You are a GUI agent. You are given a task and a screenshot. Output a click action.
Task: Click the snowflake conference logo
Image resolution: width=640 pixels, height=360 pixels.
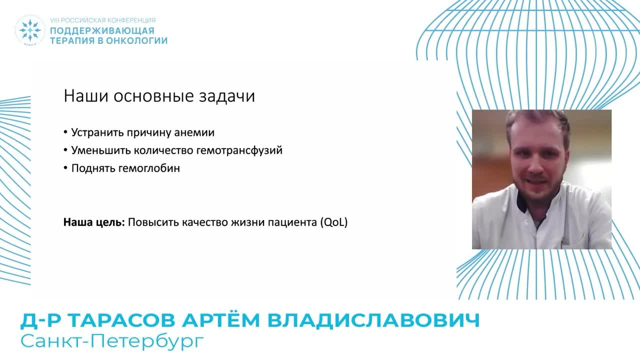pos(30,30)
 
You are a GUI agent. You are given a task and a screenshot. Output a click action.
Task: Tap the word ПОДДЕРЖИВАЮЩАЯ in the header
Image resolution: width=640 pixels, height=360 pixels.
pos(101,31)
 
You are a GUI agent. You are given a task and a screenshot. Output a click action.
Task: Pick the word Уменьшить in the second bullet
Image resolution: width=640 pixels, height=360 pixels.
pos(95,150)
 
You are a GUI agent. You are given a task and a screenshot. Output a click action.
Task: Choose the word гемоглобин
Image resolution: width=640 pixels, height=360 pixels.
pos(149,168)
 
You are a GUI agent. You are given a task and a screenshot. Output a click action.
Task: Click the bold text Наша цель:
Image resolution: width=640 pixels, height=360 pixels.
pos(94,222)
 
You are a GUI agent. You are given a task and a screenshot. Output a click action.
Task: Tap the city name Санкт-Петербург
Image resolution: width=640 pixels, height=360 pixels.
pos(112,341)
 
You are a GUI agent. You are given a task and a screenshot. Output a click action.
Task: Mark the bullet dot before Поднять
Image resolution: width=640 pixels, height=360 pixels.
pos(65,168)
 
